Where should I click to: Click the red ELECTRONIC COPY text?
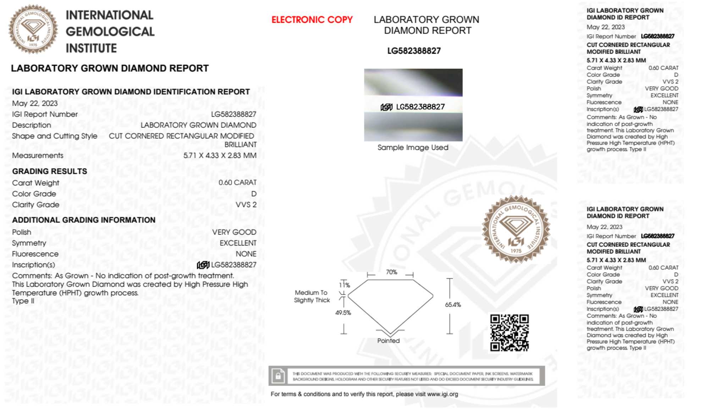click(312, 20)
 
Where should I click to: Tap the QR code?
click(509, 332)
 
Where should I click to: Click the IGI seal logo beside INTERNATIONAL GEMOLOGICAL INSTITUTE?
click(33, 29)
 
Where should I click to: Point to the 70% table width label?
click(391, 272)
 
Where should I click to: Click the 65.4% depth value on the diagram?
click(453, 305)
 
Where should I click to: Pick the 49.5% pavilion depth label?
click(343, 313)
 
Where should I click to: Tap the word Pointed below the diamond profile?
click(388, 341)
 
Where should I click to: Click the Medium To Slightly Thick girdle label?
click(312, 296)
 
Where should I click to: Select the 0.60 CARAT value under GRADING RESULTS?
click(237, 182)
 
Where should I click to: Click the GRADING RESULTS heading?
click(50, 171)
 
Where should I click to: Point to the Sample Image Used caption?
click(413, 148)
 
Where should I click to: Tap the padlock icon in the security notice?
click(278, 376)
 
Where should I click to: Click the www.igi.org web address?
click(442, 394)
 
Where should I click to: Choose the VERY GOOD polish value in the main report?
click(234, 232)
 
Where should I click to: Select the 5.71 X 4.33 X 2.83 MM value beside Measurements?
click(220, 155)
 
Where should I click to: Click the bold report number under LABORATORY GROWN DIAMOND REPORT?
click(414, 51)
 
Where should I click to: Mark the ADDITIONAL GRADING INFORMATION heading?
click(84, 220)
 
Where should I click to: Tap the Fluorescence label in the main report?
click(35, 254)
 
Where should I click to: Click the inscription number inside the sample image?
click(420, 107)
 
